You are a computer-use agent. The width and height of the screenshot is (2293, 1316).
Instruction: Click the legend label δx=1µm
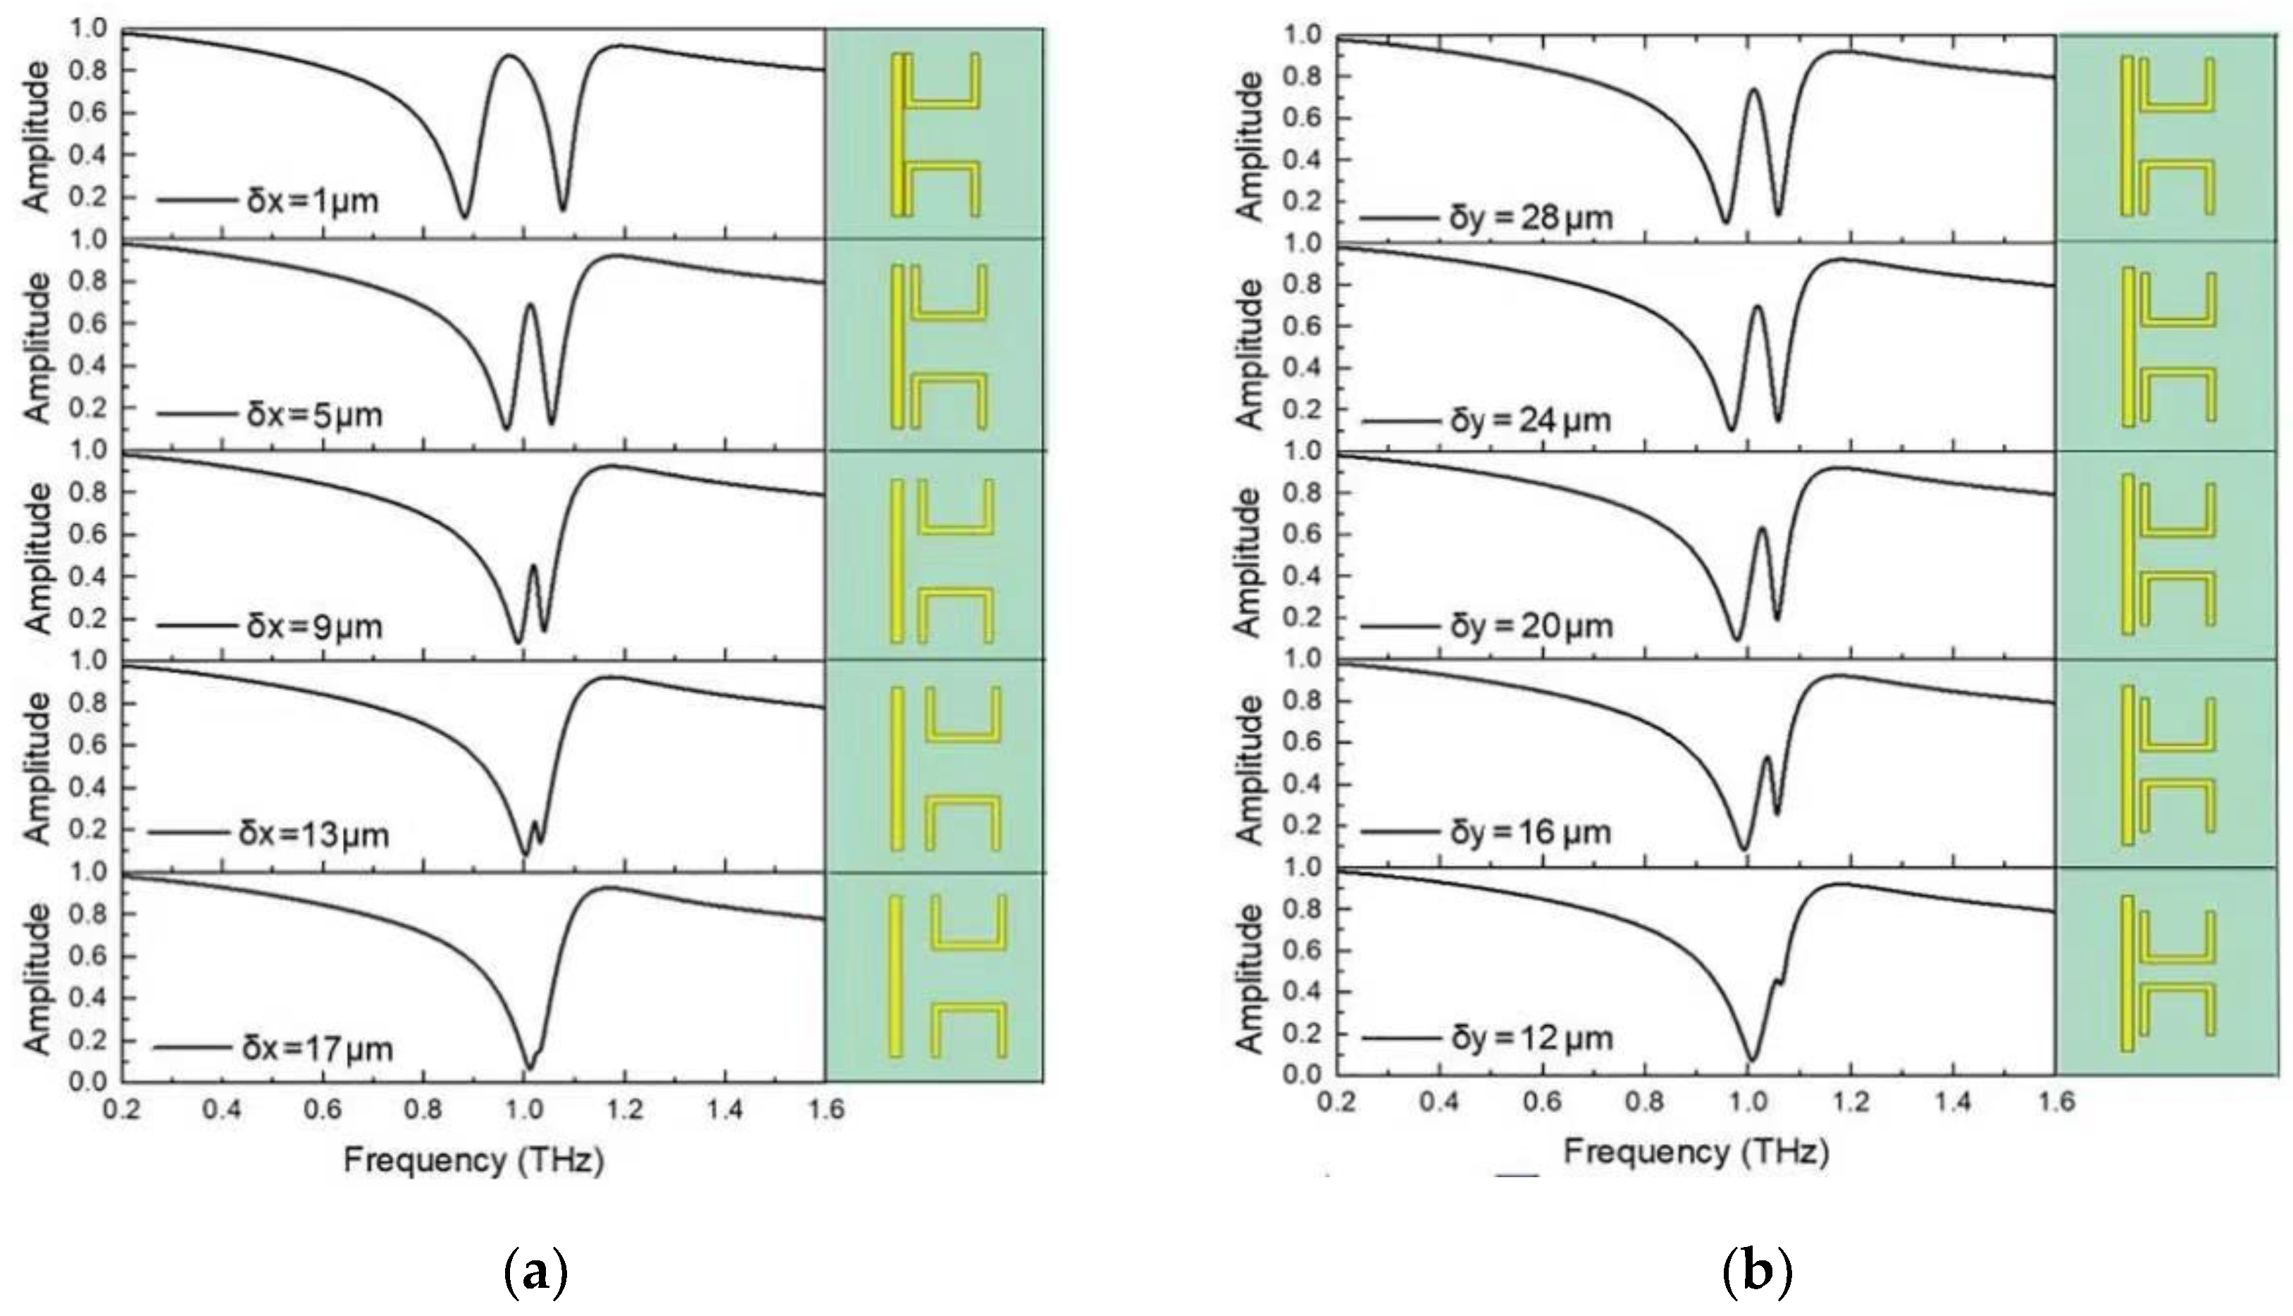[312, 201]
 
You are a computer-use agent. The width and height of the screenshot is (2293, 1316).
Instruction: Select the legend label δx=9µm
[314, 626]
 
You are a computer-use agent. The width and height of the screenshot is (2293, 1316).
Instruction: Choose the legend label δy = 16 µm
[1531, 831]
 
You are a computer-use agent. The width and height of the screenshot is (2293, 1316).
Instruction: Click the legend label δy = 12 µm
[1531, 1038]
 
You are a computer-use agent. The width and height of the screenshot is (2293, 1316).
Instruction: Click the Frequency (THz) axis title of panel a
[473, 1160]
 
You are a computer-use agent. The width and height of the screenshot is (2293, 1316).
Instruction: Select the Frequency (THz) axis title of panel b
[1696, 1153]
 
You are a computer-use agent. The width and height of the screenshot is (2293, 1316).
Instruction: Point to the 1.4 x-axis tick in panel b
[1953, 1103]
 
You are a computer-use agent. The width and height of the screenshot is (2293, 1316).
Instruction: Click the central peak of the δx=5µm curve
[530, 306]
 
